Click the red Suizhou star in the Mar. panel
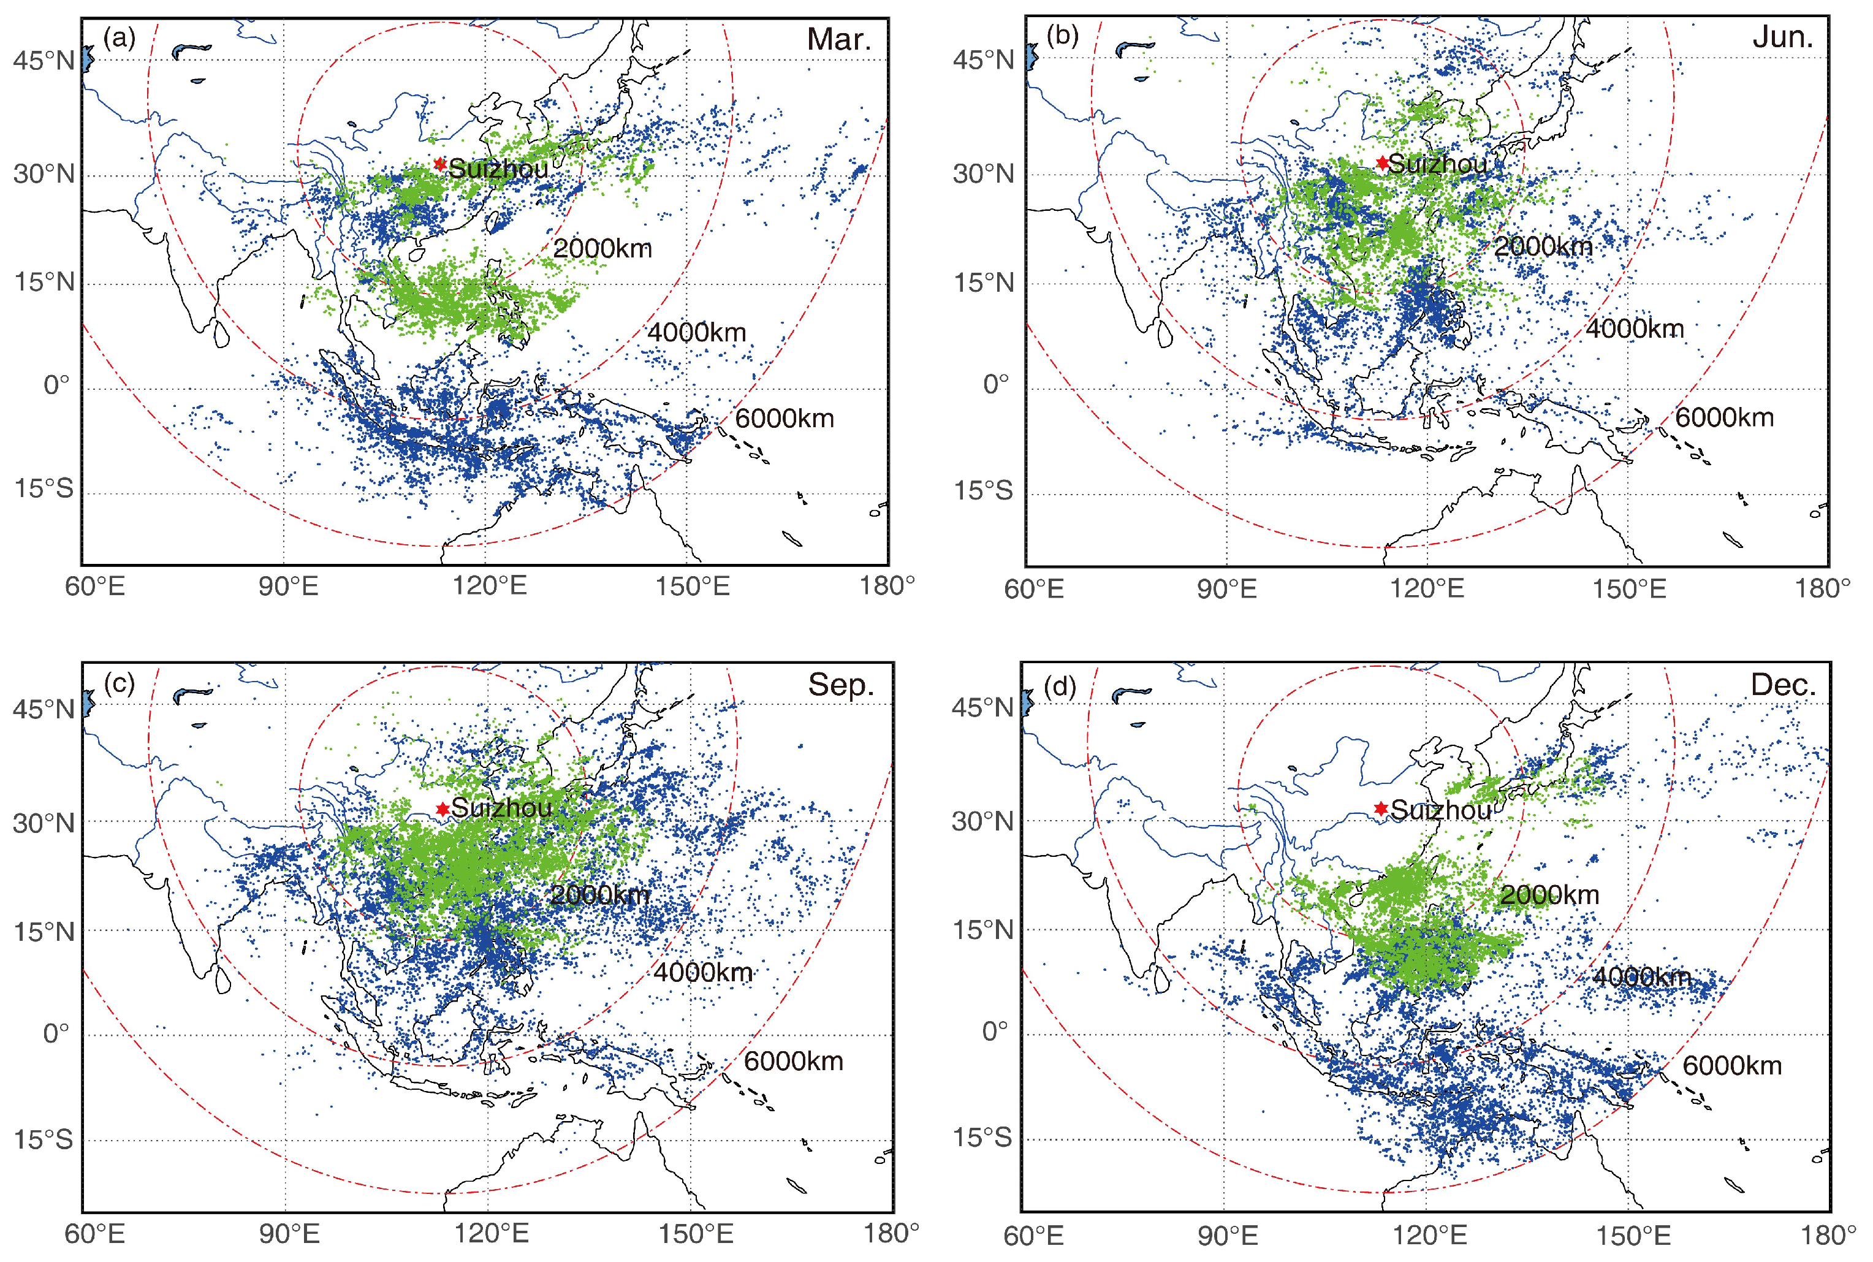[439, 164]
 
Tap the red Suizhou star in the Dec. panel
[1380, 808]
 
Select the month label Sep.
[840, 685]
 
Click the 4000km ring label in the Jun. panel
[1634, 329]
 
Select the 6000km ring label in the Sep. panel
[793, 1061]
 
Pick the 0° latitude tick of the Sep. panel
[56, 1033]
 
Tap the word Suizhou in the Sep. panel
[501, 807]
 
